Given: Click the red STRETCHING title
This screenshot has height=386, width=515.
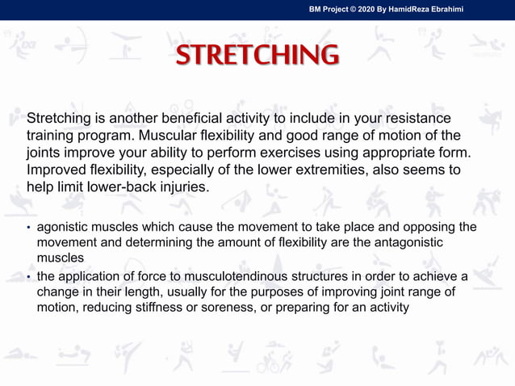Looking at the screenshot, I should pyautogui.click(x=257, y=55).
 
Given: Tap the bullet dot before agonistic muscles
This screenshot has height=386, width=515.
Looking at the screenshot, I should pyautogui.click(x=29, y=228).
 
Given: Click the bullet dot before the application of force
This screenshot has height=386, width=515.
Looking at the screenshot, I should pyautogui.click(x=29, y=277).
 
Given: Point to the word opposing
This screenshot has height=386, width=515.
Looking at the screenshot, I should pyautogui.click(x=416, y=227).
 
